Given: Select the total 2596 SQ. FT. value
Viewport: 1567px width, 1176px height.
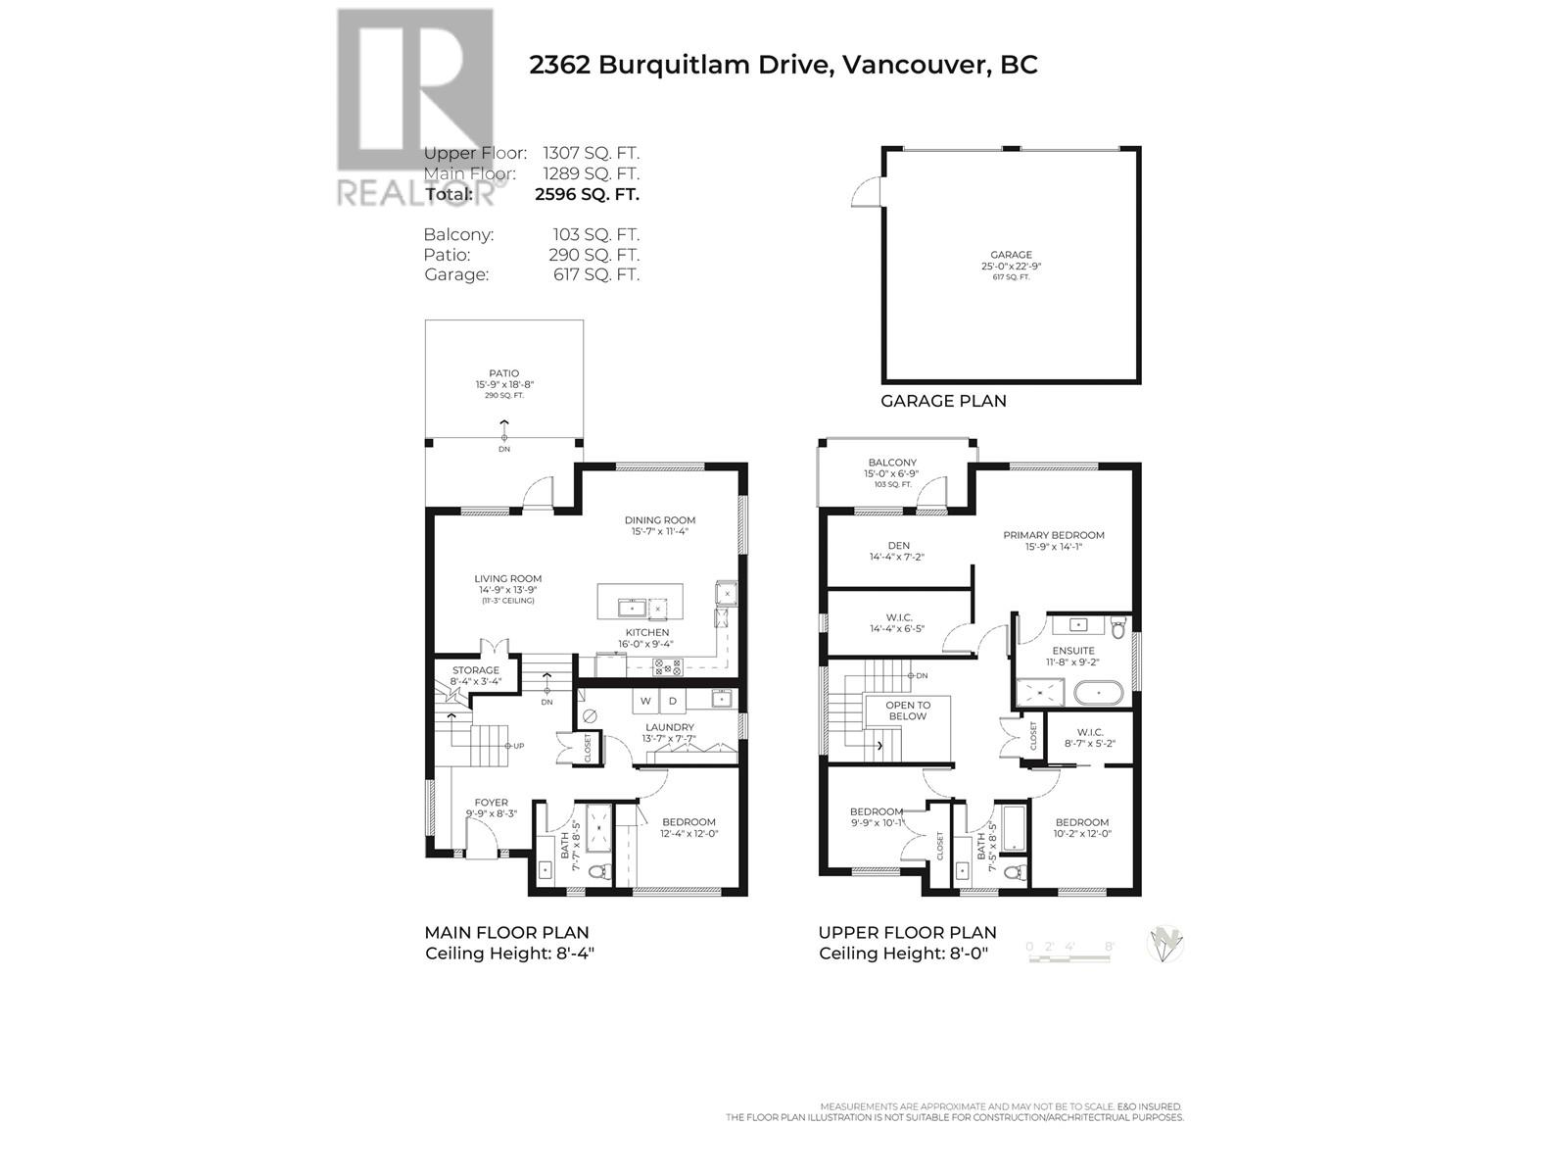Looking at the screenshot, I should click(587, 194).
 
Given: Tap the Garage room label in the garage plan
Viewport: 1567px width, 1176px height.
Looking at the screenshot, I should click(1011, 255).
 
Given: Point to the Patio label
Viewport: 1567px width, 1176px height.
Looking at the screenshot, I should click(504, 373).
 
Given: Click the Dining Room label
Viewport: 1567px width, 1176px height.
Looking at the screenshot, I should click(660, 520).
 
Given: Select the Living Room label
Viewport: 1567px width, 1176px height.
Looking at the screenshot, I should click(508, 578).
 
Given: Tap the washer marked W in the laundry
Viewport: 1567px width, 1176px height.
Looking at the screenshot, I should click(645, 701).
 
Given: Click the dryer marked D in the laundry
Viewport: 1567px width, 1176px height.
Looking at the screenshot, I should click(673, 701).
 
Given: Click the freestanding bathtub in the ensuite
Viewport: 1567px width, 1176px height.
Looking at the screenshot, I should click(1101, 694).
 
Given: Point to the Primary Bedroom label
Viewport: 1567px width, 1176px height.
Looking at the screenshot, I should click(1053, 535).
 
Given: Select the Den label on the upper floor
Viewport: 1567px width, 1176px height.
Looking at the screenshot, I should click(898, 546).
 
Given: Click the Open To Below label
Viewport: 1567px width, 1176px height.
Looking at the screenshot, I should click(908, 710).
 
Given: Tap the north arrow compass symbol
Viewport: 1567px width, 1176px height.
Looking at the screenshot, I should click(1165, 945).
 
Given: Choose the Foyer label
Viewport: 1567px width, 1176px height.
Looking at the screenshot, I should click(491, 803).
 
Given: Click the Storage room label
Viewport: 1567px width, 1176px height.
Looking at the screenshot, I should click(476, 670).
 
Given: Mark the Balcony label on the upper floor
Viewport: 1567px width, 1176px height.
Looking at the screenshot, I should click(892, 463).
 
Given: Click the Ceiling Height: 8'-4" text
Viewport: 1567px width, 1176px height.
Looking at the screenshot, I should click(509, 954).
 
